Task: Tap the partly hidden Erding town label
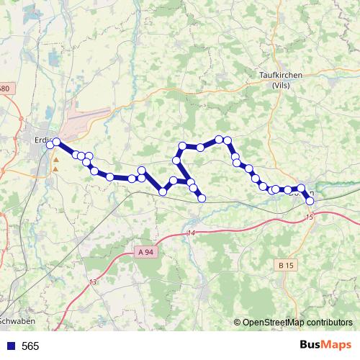tap(42, 140)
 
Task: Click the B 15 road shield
tap(285, 266)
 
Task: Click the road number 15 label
tap(310, 217)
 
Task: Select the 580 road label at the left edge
tap(4, 89)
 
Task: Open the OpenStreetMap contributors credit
tap(293, 323)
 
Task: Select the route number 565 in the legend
tap(30, 346)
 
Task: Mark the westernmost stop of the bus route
tap(50, 145)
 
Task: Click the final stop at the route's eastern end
tap(310, 201)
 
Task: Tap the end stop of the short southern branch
tap(202, 197)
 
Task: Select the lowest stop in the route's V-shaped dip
tap(163, 192)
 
